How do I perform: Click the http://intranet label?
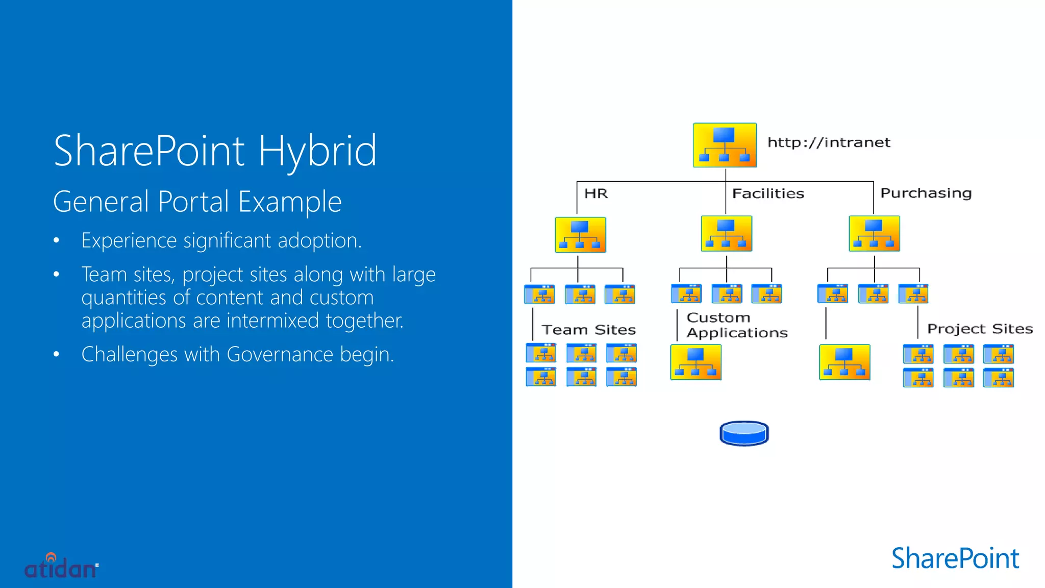click(x=829, y=142)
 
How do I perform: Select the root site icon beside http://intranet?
click(x=725, y=145)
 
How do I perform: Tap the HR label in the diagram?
click(x=596, y=194)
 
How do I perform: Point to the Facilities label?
click(x=768, y=194)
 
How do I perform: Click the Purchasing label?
click(x=926, y=193)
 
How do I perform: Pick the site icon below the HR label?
click(x=580, y=235)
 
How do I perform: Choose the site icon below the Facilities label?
click(x=726, y=234)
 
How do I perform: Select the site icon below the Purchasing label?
click(x=874, y=234)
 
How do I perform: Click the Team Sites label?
click(x=589, y=330)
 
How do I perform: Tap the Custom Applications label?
click(x=737, y=325)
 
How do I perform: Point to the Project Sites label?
click(x=980, y=329)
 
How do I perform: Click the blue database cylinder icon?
click(x=744, y=433)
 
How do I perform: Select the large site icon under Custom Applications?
click(x=695, y=362)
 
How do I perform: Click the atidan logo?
click(x=61, y=567)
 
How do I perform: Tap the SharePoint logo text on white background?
click(x=955, y=558)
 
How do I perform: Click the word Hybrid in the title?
click(x=317, y=151)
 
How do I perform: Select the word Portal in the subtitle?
click(x=193, y=202)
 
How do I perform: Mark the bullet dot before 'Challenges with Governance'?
click(x=57, y=354)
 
